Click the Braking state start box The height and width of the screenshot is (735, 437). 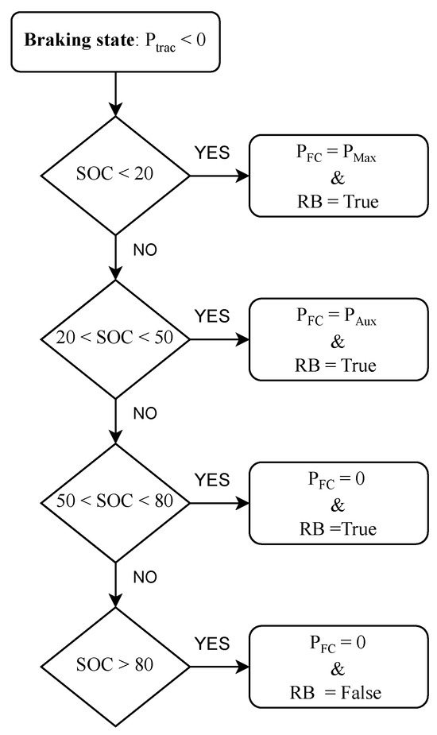tap(118, 41)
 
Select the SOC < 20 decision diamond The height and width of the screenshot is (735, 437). tap(117, 176)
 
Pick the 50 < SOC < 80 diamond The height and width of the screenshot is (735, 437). tap(117, 501)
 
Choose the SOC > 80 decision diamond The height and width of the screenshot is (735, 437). tap(117, 664)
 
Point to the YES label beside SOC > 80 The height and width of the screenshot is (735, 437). tap(212, 642)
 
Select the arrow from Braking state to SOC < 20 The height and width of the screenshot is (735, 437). tap(117, 89)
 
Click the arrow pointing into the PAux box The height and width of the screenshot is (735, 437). tap(219, 338)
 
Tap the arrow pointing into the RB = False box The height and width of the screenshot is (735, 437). tap(219, 664)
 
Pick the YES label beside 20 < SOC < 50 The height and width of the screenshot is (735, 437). tap(212, 316)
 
